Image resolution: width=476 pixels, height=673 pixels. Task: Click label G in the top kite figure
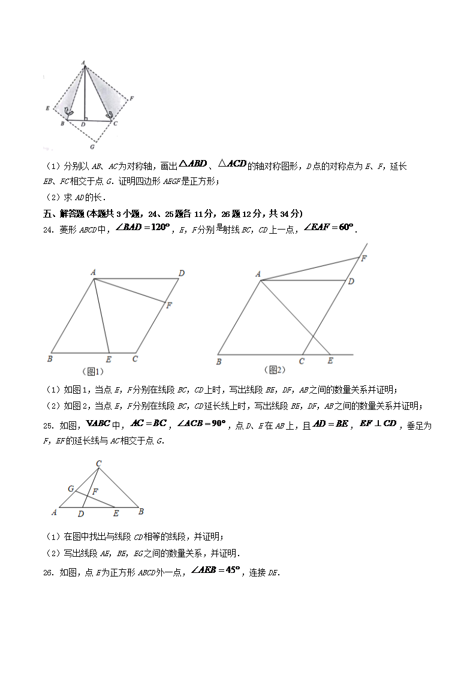[x=92, y=146]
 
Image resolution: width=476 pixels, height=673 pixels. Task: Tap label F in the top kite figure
[x=131, y=98]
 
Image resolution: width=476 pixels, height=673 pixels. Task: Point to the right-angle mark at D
[x=86, y=119]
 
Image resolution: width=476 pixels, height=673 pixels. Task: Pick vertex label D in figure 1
[x=181, y=273]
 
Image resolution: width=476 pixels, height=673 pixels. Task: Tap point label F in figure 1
[x=170, y=305]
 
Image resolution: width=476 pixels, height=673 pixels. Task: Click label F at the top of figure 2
[x=363, y=258]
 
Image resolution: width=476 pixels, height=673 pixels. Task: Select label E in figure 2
[x=330, y=361]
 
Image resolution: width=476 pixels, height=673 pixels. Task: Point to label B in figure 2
[x=219, y=361]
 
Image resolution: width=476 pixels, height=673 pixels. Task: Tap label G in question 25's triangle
[x=70, y=488]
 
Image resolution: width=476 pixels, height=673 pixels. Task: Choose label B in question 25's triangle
[x=141, y=512]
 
